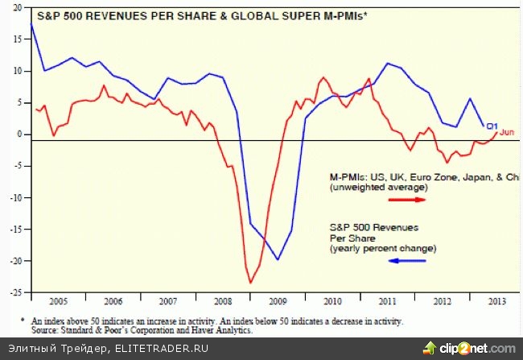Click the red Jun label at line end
coord(507,132)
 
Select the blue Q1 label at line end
coord(492,126)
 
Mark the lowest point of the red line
coord(251,283)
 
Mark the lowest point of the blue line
coord(278,259)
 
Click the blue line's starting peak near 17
coord(31,25)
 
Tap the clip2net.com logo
coord(471,348)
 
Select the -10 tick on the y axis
coord(16,198)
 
